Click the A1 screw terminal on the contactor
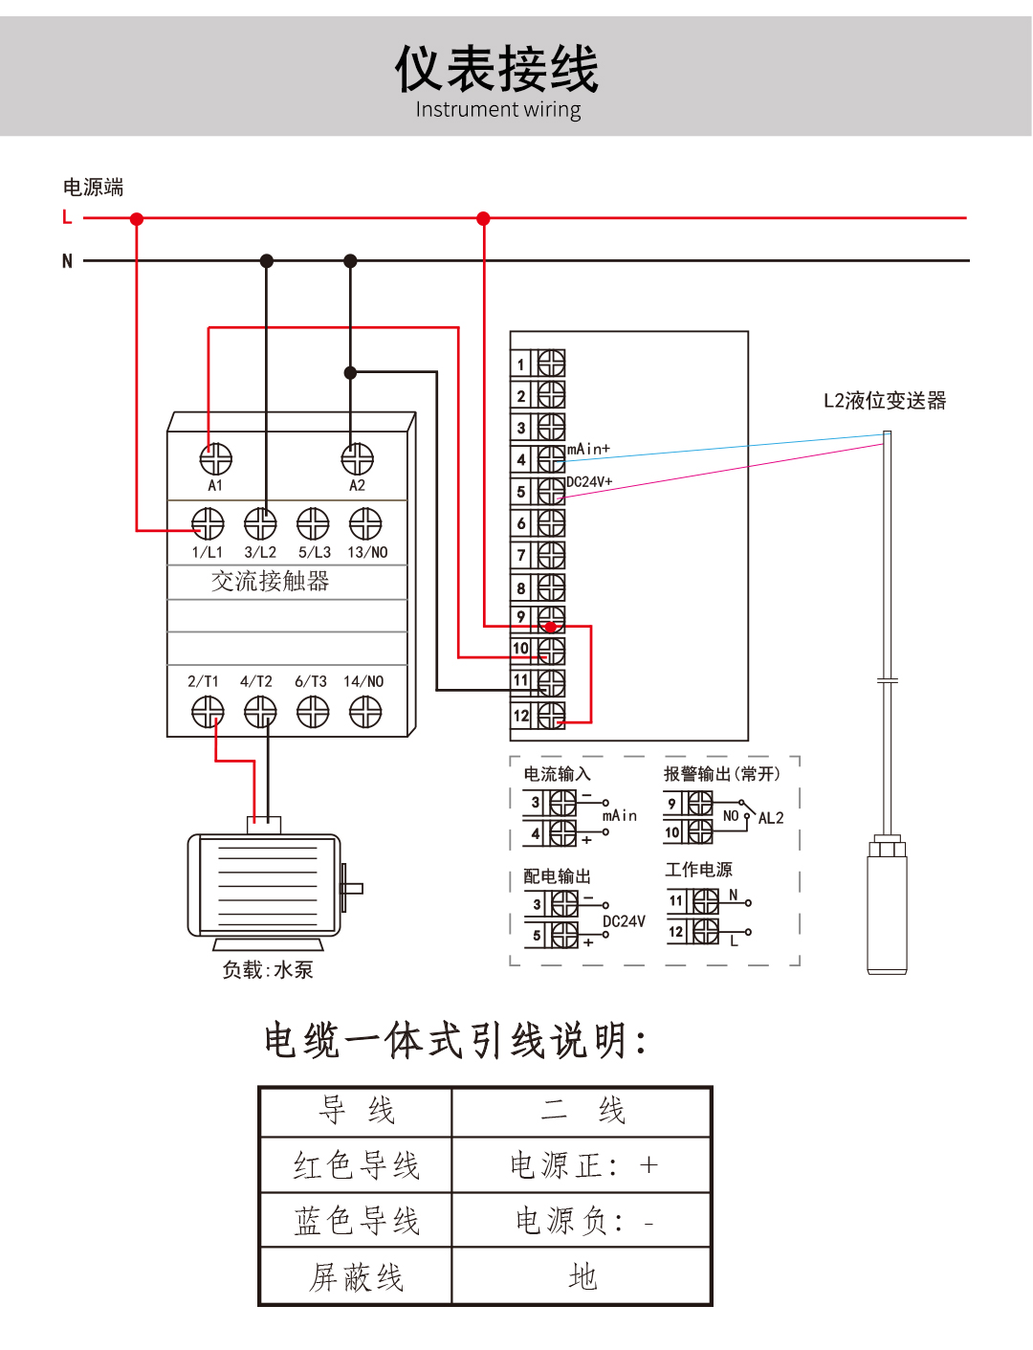(x=215, y=459)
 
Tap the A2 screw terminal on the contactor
(x=357, y=459)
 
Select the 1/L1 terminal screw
(x=208, y=523)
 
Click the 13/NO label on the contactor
(x=367, y=553)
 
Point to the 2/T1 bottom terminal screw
(x=208, y=711)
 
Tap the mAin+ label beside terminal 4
(x=588, y=449)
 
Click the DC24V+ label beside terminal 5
(x=589, y=481)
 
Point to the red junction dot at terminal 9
(x=550, y=627)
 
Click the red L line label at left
(x=67, y=217)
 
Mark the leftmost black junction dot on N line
(x=267, y=260)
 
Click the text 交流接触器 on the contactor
(x=270, y=581)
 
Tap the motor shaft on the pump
(x=353, y=888)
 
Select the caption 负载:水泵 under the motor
(x=268, y=969)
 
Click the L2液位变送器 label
(x=885, y=400)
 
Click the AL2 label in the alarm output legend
(x=770, y=818)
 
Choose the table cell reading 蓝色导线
(x=356, y=1221)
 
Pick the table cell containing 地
(x=582, y=1276)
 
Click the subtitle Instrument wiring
(x=497, y=109)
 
